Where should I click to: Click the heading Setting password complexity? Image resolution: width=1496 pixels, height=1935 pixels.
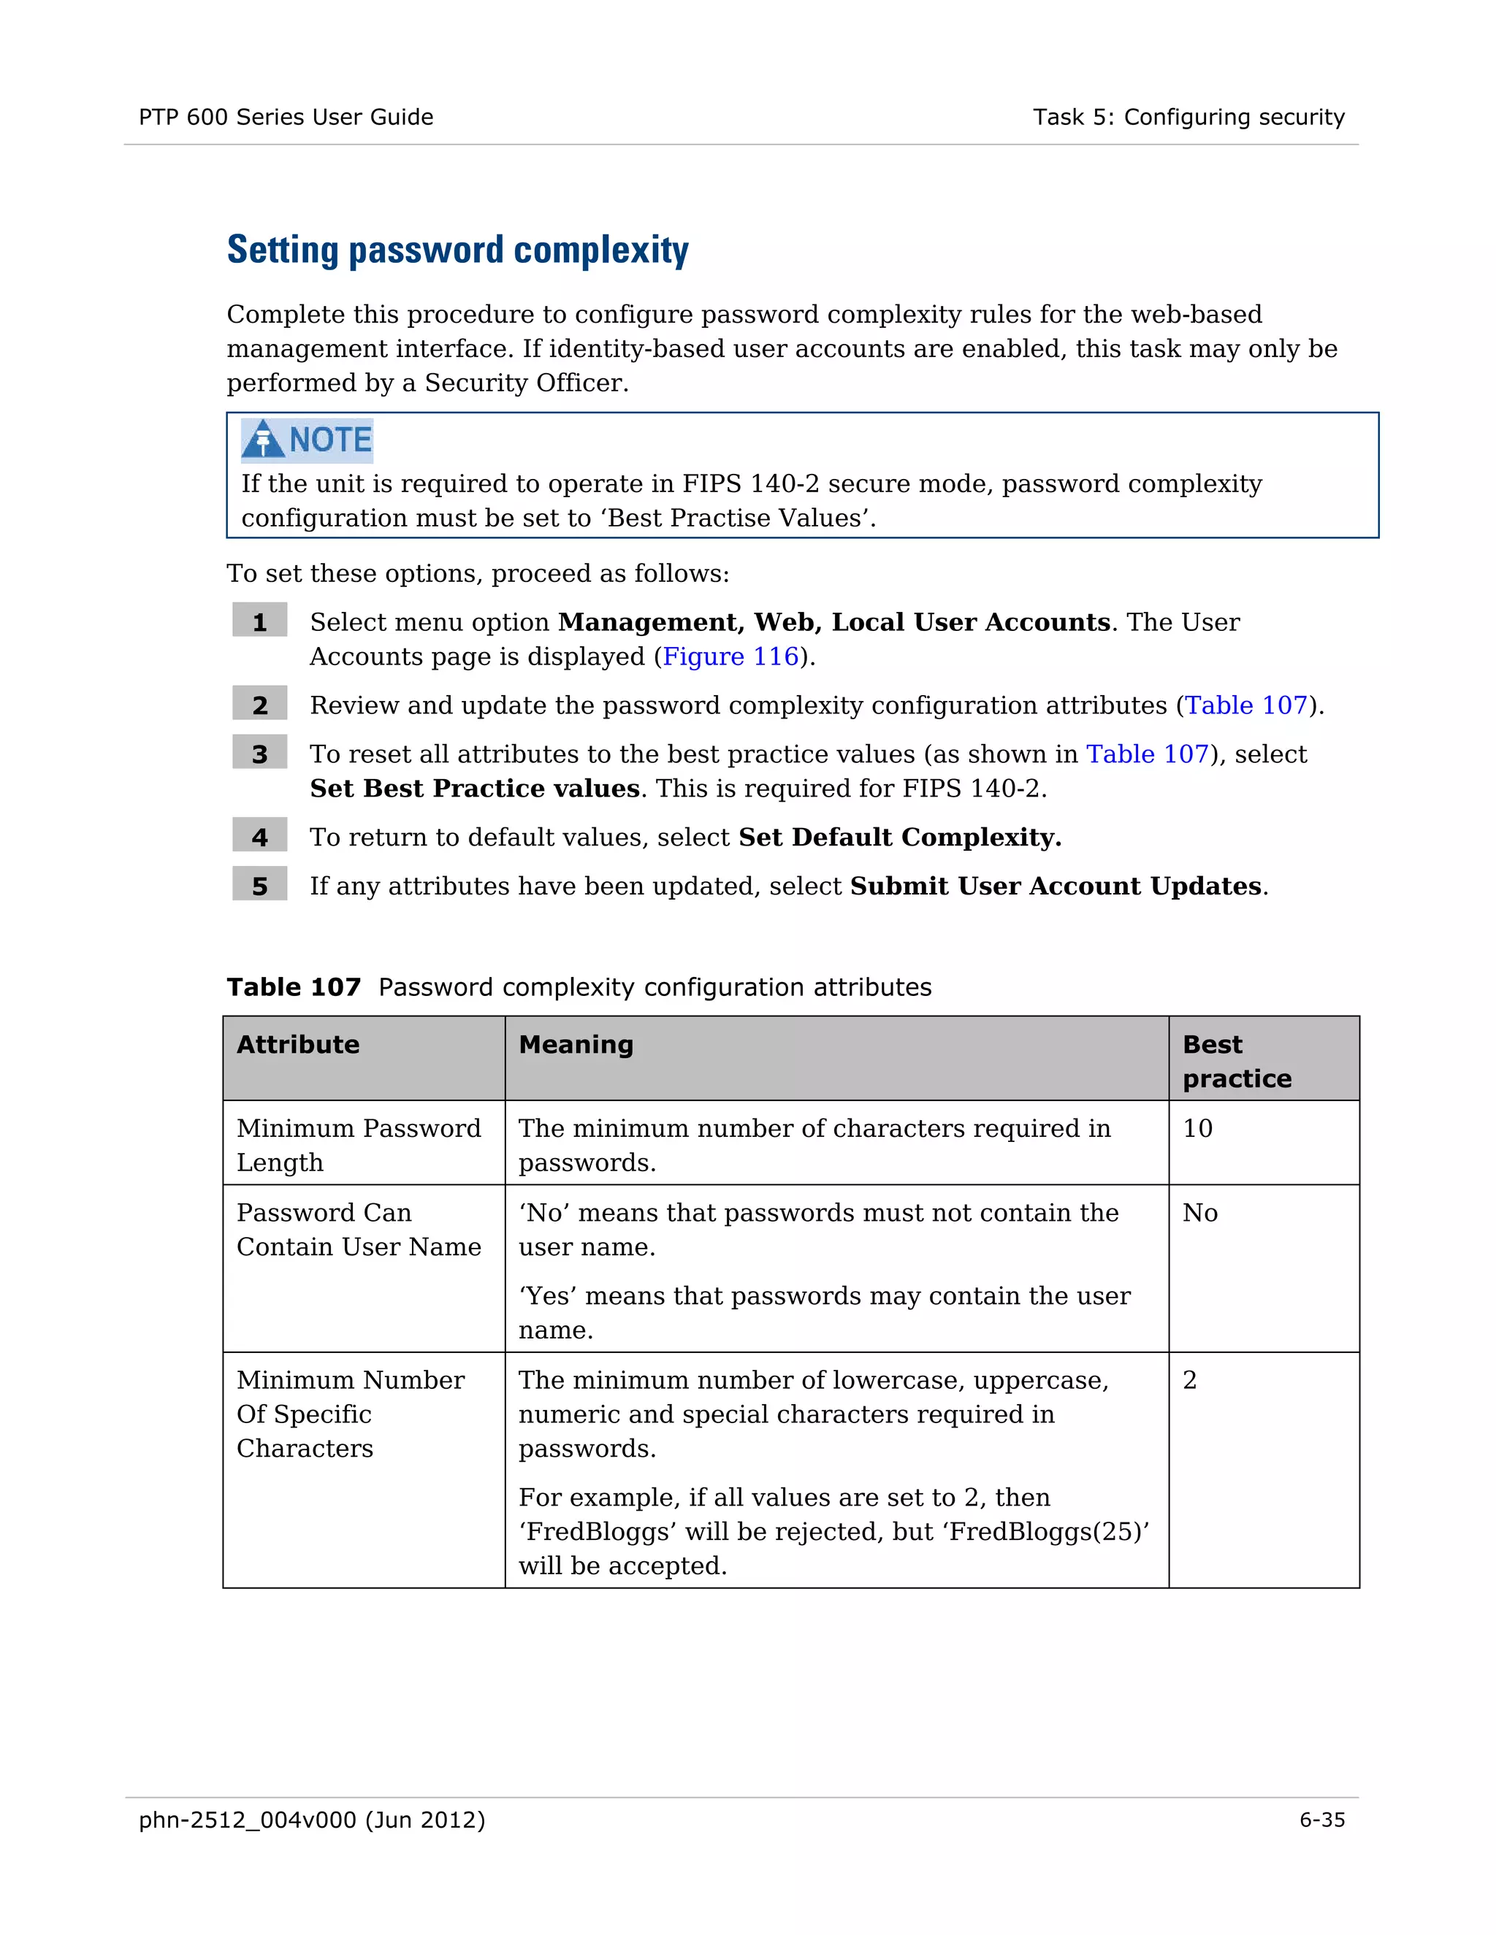coord(457,250)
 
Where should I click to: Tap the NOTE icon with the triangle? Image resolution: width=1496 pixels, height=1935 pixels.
coord(307,440)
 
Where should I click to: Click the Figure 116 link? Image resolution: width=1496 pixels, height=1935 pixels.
coord(730,656)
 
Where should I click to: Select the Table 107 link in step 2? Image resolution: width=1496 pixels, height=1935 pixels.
coord(1246,705)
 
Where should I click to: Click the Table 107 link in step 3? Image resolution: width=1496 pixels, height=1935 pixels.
coord(1147,754)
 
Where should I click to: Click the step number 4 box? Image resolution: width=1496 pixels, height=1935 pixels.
coord(259,836)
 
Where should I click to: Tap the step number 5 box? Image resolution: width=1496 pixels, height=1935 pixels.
coord(259,885)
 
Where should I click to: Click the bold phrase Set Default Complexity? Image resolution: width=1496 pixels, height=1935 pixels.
coord(899,838)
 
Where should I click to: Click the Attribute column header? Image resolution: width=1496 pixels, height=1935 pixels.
coord(298,1045)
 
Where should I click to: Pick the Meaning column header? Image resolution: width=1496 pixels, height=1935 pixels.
coord(576,1045)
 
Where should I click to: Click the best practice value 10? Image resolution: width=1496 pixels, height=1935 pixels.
coord(1197,1129)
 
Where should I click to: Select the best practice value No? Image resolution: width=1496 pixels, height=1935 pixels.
coord(1200,1213)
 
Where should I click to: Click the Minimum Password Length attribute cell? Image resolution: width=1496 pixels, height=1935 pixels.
coord(358,1145)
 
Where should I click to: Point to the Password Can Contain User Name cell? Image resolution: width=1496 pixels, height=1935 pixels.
coord(358,1230)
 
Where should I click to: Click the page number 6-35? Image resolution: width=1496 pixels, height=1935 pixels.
coord(1321,1820)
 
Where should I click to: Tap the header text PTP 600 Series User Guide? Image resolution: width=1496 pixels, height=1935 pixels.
coord(286,117)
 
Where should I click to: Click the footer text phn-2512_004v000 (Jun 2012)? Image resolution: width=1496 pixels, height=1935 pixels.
coord(312,1820)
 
